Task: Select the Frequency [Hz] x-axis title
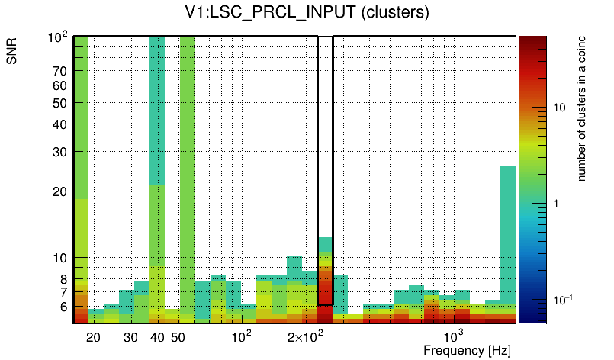click(466, 350)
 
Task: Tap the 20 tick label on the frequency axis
click(94, 337)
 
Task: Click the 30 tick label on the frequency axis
click(130, 337)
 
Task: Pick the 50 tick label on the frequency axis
click(178, 337)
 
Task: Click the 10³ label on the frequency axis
click(454, 336)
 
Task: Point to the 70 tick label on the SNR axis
click(60, 71)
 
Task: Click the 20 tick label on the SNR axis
click(60, 191)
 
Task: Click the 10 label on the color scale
click(558, 107)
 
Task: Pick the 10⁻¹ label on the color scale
click(562, 299)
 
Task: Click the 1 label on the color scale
click(555, 204)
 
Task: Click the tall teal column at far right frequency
click(508, 229)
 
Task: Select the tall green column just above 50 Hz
click(187, 153)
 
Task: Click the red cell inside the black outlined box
click(325, 290)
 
